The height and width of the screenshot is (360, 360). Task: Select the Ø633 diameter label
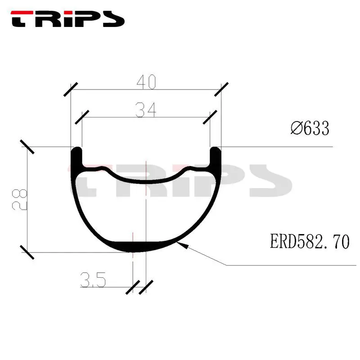310,129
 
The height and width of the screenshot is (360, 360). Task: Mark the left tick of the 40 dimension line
71,90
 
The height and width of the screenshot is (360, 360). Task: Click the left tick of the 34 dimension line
82,117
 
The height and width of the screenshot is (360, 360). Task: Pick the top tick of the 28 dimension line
28,147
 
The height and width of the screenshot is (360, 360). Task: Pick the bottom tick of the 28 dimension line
28,252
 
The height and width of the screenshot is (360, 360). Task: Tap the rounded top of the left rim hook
76,149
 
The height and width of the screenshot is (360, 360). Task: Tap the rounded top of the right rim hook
216,149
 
